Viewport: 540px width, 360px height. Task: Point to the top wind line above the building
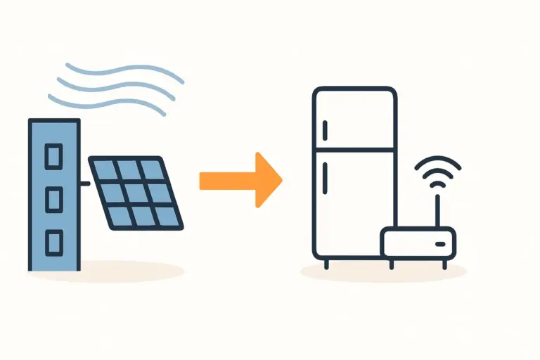point(120,70)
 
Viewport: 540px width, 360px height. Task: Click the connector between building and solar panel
point(84,184)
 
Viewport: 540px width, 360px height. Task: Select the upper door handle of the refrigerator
point(325,131)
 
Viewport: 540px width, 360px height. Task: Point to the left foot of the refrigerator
point(326,264)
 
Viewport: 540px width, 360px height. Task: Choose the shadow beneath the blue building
point(105,271)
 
